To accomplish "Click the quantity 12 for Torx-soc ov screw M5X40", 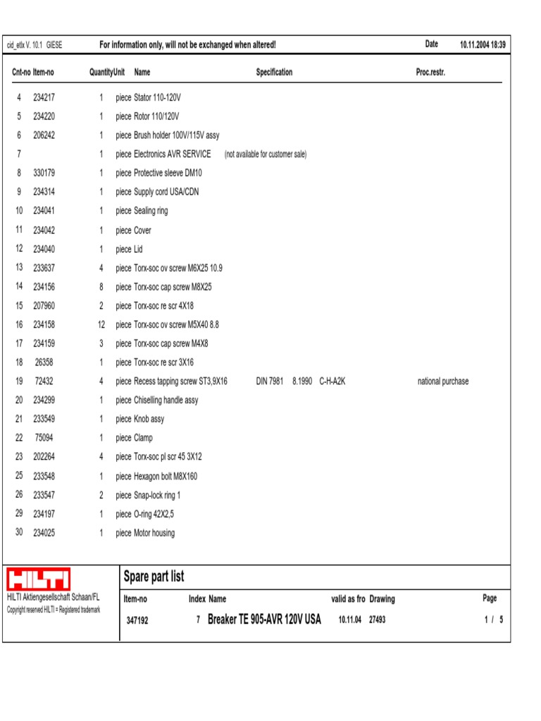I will [101, 325].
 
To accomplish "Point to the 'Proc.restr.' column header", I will [430, 73].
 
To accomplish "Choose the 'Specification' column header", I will [274, 73].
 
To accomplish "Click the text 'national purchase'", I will [442, 382].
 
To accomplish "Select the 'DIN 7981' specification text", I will [269, 382].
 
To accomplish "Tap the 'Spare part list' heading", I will [154, 577].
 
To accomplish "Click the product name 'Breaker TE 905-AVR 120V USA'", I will [264, 620].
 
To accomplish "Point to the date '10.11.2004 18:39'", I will [483, 45].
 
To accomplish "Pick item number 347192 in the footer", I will [137, 621].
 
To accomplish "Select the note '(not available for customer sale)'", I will [266, 155].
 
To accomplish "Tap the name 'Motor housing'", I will [154, 533].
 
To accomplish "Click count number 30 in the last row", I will [19, 533].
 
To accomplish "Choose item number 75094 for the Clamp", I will [44, 438].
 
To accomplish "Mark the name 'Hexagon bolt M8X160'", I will [166, 476].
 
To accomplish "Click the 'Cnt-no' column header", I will [21, 73].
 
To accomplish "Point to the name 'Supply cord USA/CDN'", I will [166, 192].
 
